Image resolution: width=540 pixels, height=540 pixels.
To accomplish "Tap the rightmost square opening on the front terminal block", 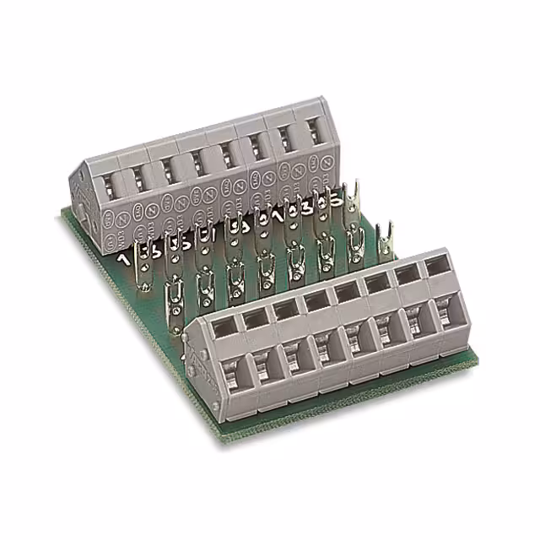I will pyautogui.click(x=437, y=267).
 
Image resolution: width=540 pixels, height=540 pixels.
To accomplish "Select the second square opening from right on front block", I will pyautogui.click(x=408, y=275).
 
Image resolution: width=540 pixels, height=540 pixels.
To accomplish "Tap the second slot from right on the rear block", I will pyautogui.click(x=289, y=141).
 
